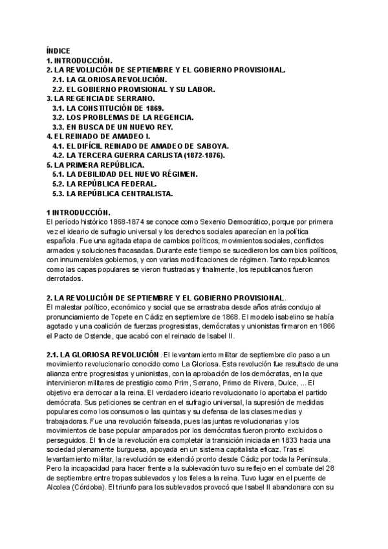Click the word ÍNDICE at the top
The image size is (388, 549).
tap(58, 50)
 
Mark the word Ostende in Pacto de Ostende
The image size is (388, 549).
tap(89, 337)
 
